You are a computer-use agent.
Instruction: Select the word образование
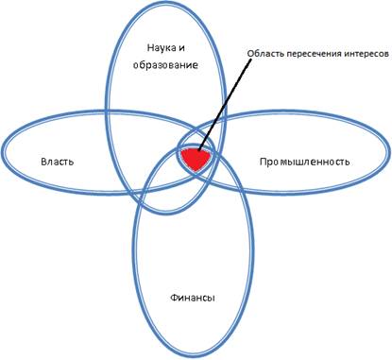tap(165, 65)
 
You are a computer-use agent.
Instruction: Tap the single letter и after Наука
tap(181, 48)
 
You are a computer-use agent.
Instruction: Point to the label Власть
tap(58, 162)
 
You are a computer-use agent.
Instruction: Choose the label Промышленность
tap(304, 162)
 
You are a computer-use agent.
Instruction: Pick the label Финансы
tap(193, 298)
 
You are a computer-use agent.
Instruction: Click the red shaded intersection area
tap(196, 159)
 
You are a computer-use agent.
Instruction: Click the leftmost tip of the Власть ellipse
tap(2, 152)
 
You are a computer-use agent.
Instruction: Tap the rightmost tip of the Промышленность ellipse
tap(389, 153)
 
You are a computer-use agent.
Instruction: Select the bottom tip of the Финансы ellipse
tap(194, 357)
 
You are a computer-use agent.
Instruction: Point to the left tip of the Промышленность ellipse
tap(178, 153)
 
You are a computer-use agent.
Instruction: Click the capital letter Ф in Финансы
tap(174, 298)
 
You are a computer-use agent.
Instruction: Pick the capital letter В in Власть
tap(43, 162)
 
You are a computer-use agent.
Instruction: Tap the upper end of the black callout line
tap(252, 59)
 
